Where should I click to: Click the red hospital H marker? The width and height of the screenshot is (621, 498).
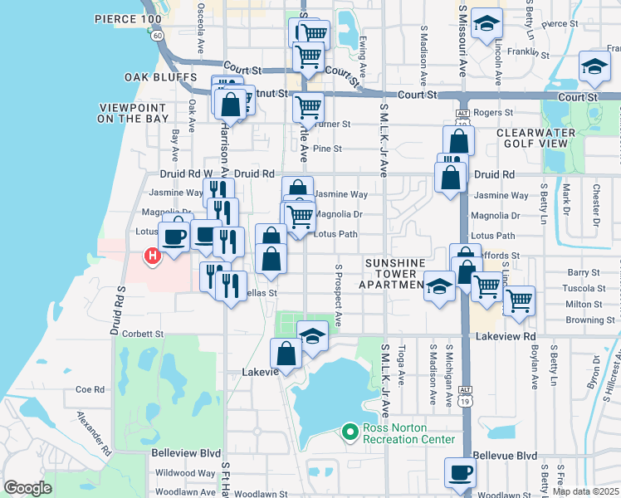pyautogui.click(x=153, y=256)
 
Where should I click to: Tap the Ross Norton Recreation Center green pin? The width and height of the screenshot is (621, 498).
pyautogui.click(x=350, y=432)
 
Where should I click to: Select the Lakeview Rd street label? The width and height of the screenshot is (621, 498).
pyautogui.click(x=507, y=335)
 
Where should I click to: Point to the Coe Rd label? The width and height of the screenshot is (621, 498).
pyautogui.click(x=89, y=388)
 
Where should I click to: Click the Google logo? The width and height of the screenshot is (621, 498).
pyautogui.click(x=27, y=488)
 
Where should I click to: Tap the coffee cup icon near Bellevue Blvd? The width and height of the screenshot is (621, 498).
pyautogui.click(x=460, y=473)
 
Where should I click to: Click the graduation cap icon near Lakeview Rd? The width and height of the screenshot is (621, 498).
pyautogui.click(x=312, y=336)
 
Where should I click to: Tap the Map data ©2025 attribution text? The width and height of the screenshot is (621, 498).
pyautogui.click(x=585, y=491)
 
